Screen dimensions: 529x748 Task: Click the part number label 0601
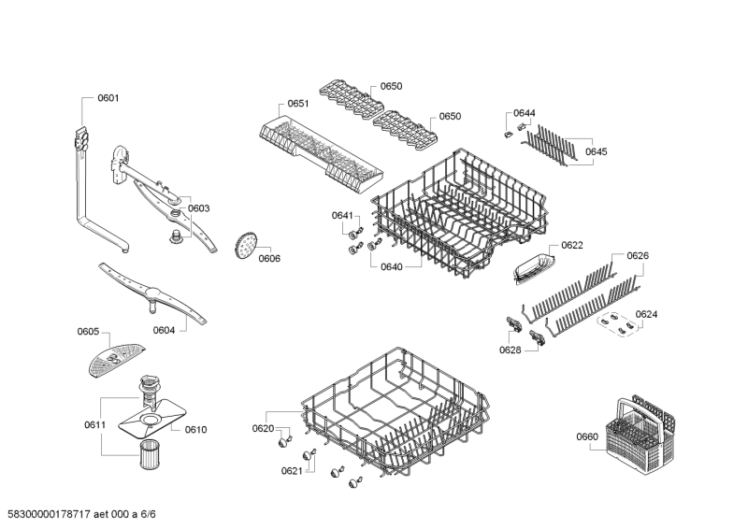[x=108, y=97]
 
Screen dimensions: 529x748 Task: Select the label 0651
[x=297, y=103]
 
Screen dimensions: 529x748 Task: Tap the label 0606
[x=269, y=258]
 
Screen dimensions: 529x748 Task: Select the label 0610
[x=195, y=430]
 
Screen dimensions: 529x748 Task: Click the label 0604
[x=164, y=329]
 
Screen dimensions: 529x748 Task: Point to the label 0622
[x=572, y=246]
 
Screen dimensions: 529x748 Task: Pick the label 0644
[x=525, y=113]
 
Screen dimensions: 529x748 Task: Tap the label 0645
[x=596, y=151]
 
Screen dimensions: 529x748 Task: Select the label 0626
[x=638, y=255]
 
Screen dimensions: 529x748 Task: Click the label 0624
[x=646, y=314]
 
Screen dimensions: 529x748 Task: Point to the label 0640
[x=391, y=266]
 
